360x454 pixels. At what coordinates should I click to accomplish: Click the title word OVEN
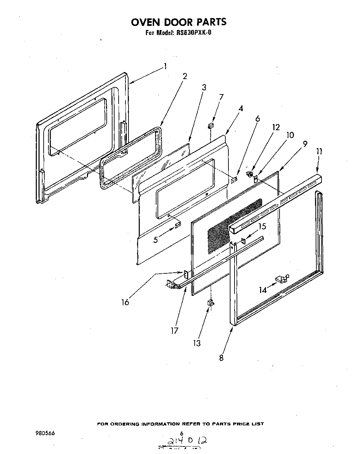(146, 22)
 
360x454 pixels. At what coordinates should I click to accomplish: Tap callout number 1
(165, 66)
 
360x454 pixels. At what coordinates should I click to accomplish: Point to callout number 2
(185, 76)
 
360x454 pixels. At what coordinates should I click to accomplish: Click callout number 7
(221, 97)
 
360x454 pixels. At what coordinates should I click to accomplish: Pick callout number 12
(276, 127)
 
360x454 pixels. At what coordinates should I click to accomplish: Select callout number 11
(319, 151)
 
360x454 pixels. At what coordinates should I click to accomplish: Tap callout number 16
(125, 302)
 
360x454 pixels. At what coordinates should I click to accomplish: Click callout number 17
(175, 330)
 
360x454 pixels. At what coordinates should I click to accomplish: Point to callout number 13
(197, 343)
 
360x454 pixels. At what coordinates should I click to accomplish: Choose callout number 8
(221, 358)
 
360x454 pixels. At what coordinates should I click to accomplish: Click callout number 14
(262, 290)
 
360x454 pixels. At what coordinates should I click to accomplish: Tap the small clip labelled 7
(210, 126)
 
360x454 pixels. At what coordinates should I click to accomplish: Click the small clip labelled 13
(210, 302)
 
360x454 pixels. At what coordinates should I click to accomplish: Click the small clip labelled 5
(178, 225)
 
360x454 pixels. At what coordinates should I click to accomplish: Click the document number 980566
(45, 433)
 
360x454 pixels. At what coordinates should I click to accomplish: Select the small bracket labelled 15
(243, 241)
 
